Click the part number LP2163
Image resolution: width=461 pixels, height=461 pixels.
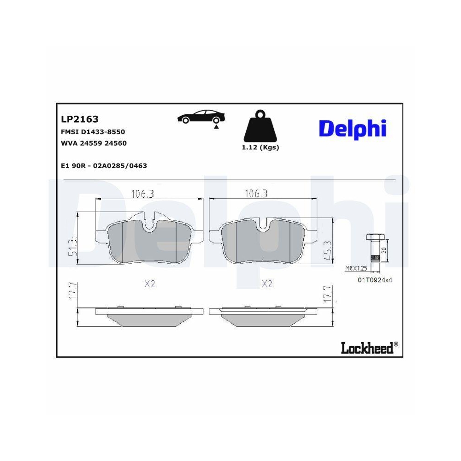point(80,119)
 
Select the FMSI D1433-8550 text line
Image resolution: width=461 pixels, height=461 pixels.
point(93,132)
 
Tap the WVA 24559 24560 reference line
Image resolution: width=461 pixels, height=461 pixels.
point(94,143)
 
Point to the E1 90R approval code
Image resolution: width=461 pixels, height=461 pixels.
point(104,166)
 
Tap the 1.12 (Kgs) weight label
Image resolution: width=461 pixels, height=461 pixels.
point(260,148)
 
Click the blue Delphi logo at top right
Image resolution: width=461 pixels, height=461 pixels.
point(352,129)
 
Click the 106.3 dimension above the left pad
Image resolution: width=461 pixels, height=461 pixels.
point(143,194)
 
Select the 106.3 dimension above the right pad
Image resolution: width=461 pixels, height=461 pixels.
point(256,194)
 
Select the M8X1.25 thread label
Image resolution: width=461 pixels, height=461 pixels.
point(356,268)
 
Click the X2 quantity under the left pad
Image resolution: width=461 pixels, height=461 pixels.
point(149,284)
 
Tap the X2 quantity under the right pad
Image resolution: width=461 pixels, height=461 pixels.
point(266,284)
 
